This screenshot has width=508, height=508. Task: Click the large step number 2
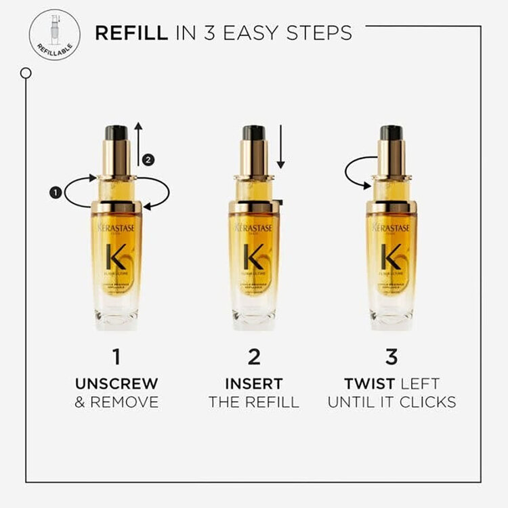coord(253,357)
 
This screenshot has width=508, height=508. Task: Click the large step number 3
coord(391,357)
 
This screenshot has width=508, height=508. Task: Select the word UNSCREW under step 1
coord(116,383)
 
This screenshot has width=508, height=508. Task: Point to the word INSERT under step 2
coord(254,383)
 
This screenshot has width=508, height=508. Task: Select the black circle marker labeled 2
coord(150,160)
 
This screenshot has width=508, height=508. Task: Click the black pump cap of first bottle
coord(116,133)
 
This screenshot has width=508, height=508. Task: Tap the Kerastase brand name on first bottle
coord(116,228)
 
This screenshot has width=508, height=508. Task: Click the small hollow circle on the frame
coord(26,72)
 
